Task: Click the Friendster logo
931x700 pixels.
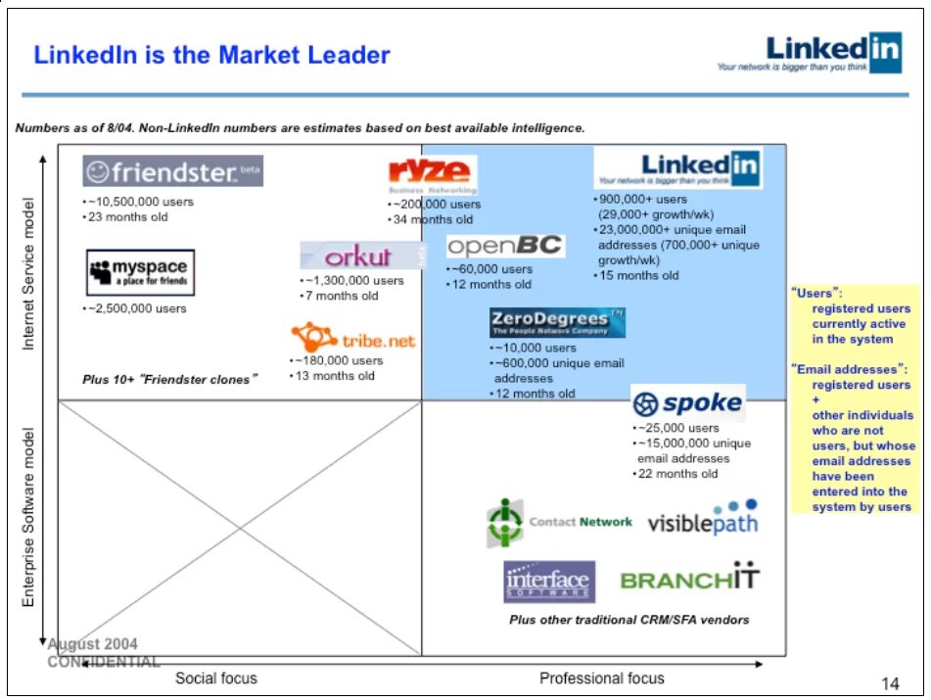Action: coord(172,171)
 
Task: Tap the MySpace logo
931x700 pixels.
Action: coord(140,272)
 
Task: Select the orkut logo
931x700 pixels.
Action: coord(359,256)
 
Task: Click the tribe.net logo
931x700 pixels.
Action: coord(352,339)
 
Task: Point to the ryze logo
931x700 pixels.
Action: coord(432,174)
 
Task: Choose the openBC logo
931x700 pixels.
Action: coord(505,246)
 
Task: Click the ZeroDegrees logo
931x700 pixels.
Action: coord(557,322)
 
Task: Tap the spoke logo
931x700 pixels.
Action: coord(687,402)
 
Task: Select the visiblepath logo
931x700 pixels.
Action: coord(703,520)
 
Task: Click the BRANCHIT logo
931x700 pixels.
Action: coord(690,579)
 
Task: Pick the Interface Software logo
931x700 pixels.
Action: coord(549,582)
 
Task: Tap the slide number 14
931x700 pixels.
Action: coord(889,682)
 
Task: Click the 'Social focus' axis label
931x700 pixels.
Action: coord(216,677)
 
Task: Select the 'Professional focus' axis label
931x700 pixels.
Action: coord(601,677)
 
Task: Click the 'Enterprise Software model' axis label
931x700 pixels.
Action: coord(29,516)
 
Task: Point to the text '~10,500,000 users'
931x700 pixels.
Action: coord(141,202)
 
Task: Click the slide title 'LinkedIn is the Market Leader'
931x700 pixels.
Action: coord(211,55)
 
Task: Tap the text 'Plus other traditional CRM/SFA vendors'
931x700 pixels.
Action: coord(628,620)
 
